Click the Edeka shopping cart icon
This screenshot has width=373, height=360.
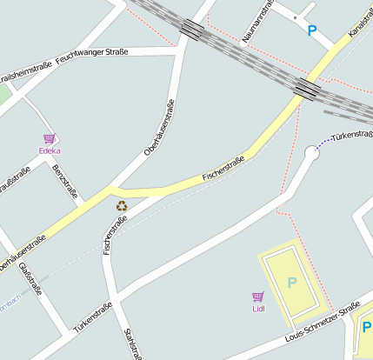pos(49,138)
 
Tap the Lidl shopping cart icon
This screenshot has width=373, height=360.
pos(257,297)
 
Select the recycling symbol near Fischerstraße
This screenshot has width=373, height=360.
pos(122,206)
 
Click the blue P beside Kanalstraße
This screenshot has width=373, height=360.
pos(312,30)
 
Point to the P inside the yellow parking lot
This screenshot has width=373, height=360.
pos(291,282)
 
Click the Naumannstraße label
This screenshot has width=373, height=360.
pos(260,20)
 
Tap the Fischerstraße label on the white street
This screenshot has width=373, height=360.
pos(115,234)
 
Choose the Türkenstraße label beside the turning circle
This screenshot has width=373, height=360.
pos(352,135)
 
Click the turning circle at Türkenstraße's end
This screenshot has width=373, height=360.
pos(312,153)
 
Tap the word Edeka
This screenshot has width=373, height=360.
pos(50,150)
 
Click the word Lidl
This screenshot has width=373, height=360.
pos(258,308)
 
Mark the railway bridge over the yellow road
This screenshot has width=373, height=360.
pos(305,88)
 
